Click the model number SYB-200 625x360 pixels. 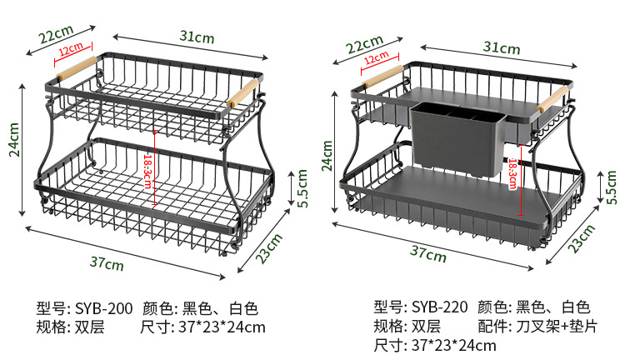(x=104, y=308)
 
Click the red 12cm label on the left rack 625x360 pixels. (x=71, y=52)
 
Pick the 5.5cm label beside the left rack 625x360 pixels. (x=303, y=187)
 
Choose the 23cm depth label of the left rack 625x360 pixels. (x=266, y=247)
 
